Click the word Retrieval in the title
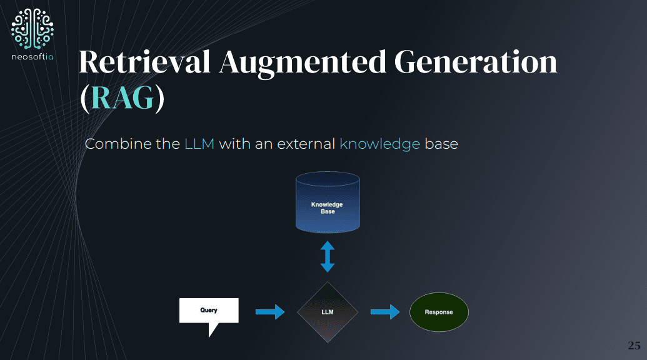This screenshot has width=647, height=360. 144,62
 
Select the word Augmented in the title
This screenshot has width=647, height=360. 303,63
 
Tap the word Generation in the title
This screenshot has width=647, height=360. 476,62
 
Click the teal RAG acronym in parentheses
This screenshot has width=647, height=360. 123,97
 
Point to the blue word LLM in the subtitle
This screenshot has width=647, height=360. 199,144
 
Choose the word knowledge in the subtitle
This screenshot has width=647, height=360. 379,144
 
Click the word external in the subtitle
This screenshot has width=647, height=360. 306,144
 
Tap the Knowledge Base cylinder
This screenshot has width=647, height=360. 328,202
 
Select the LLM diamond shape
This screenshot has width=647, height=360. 328,312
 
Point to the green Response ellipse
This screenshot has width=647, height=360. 439,312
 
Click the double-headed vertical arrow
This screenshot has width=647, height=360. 328,256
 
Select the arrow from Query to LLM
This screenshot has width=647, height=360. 270,312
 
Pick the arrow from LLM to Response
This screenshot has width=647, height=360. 385,312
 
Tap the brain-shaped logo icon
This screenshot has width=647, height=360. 32,29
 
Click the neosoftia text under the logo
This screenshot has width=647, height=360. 32,56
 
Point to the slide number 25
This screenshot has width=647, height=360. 634,345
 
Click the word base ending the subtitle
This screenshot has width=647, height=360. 441,144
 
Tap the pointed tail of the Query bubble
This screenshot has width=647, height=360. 209,337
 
